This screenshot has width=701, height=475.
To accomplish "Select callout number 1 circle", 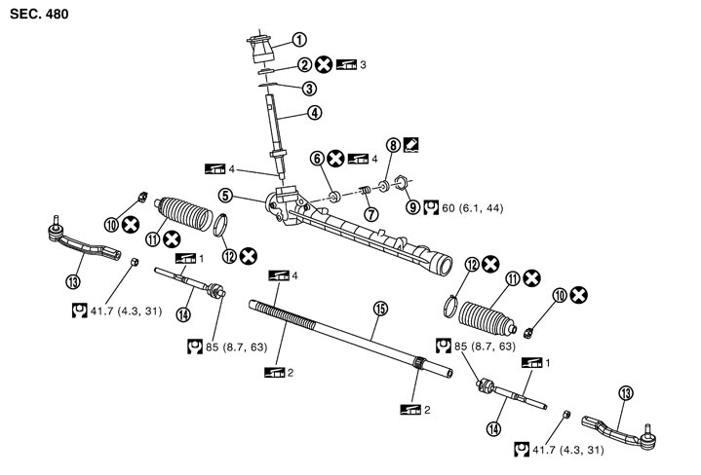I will point(299,40).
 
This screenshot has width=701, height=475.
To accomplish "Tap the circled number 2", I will point(304,65).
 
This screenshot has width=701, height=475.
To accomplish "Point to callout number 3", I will point(308,89).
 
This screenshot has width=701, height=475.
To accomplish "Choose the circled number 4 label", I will point(313,112).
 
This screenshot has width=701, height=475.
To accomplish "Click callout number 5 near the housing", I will point(225,196).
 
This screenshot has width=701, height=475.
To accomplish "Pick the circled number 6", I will point(317,158).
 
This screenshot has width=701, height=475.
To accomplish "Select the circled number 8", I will point(394,145).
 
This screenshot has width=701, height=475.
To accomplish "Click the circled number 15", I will point(381,310).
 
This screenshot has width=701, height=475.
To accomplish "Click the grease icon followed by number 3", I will point(347,65).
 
